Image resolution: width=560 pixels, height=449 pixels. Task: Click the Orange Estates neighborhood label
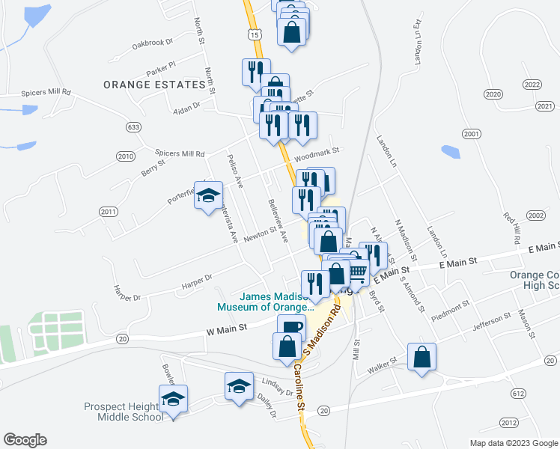coord(155,85)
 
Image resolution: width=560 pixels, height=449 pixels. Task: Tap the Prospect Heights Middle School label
coord(130,412)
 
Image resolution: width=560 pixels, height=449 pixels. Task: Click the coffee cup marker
coord(291,327)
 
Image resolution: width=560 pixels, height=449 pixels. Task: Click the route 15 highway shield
coord(255,35)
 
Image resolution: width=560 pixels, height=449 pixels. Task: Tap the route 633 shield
coord(133,127)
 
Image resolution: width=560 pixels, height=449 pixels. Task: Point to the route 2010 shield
coord(125,156)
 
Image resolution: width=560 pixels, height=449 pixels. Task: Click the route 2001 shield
coord(471,134)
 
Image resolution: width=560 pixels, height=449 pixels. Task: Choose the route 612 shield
coord(517,393)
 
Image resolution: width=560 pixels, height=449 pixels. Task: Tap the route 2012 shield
coord(509,423)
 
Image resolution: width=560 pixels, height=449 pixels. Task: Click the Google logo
coord(25,439)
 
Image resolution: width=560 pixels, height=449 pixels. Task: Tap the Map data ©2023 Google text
coord(512,443)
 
